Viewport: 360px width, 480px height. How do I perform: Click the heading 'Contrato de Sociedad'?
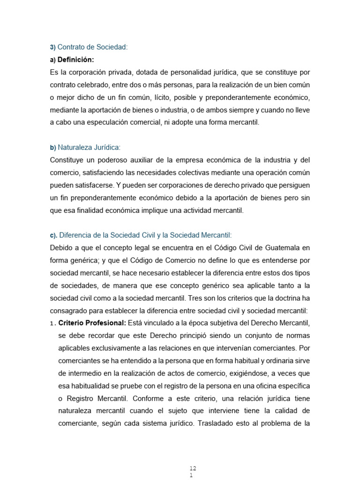coord(92,47)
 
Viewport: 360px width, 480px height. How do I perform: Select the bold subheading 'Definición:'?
coord(75,60)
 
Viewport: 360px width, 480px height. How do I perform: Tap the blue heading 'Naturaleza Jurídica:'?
coord(89,147)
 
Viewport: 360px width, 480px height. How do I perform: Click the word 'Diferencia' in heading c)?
coord(77,235)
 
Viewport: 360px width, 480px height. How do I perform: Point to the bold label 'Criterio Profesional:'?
coord(92,323)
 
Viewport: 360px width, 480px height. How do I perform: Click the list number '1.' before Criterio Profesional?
coord(53,323)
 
